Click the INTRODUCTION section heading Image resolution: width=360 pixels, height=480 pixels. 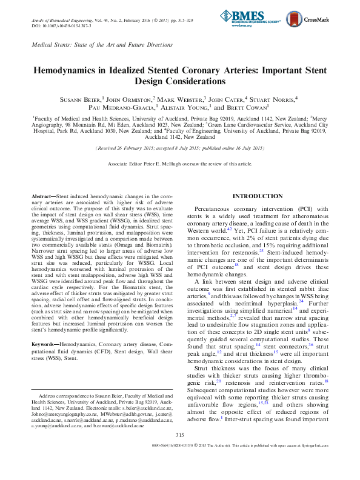pyautogui.click(x=258, y=196)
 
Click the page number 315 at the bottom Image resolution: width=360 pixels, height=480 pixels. pyautogui.click(x=179, y=452)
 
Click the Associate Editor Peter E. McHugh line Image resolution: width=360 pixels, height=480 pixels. pyautogui.click(x=180, y=164)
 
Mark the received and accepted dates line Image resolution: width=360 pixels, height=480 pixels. pyautogui.click(x=180, y=148)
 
